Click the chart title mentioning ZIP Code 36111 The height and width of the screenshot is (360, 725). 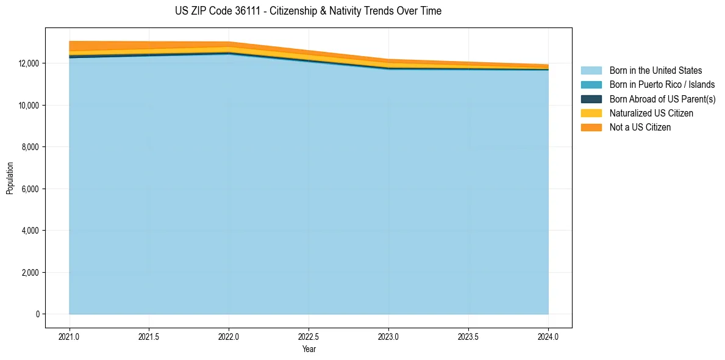pyautogui.click(x=308, y=11)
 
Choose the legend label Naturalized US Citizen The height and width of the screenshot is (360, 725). pyautogui.click(x=651, y=113)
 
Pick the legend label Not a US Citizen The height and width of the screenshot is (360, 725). pyautogui.click(x=640, y=128)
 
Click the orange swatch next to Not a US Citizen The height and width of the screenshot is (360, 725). pyautogui.click(x=591, y=128)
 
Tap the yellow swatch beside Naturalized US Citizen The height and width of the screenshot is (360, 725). pyautogui.click(x=591, y=113)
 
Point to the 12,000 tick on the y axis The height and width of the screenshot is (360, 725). pyautogui.click(x=29, y=63)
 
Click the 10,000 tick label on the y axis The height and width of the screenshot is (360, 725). pyautogui.click(x=29, y=106)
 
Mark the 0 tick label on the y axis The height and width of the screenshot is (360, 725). pyautogui.click(x=38, y=314)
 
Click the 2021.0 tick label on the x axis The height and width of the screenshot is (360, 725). pyautogui.click(x=70, y=336)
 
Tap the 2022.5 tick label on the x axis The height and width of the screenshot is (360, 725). pyautogui.click(x=309, y=336)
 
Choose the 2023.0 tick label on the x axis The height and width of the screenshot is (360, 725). pyautogui.click(x=388, y=336)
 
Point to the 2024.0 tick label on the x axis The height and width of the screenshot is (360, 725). pyautogui.click(x=548, y=336)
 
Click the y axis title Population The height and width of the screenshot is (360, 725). pyautogui.click(x=10, y=178)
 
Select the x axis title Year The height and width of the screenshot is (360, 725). pyautogui.click(x=309, y=349)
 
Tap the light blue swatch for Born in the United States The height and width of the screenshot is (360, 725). pyautogui.click(x=591, y=71)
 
